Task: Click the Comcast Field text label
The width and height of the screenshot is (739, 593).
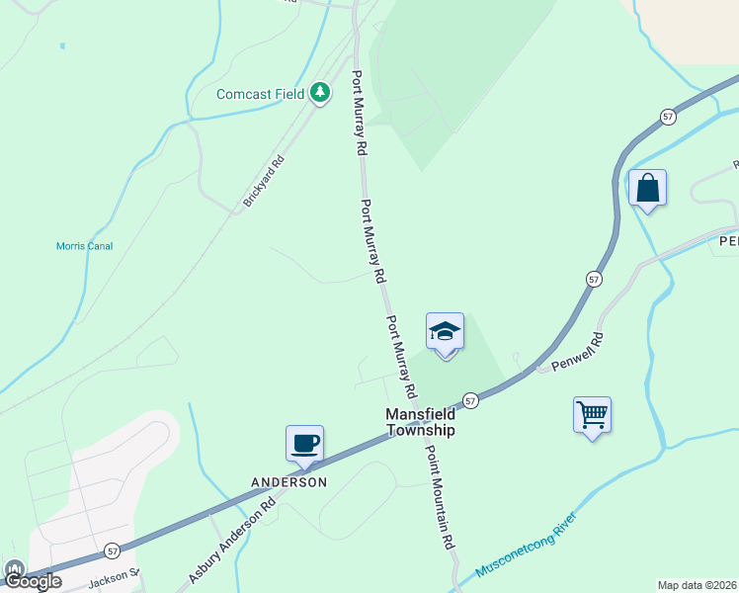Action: pyautogui.click(x=261, y=94)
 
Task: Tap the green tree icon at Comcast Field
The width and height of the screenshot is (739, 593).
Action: pyautogui.click(x=319, y=93)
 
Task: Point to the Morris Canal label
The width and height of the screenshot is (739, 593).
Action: pyautogui.click(x=84, y=246)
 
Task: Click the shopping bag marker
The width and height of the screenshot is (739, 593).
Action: pyautogui.click(x=647, y=188)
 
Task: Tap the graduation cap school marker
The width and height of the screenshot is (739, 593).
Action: pyautogui.click(x=445, y=332)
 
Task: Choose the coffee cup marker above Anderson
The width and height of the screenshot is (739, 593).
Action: pyautogui.click(x=304, y=443)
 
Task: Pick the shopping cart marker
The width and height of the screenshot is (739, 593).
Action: pyautogui.click(x=592, y=415)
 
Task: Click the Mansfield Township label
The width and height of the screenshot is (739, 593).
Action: pyautogui.click(x=421, y=422)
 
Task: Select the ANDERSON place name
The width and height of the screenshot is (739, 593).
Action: pyautogui.click(x=288, y=482)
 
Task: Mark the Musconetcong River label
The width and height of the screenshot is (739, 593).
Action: pyautogui.click(x=526, y=545)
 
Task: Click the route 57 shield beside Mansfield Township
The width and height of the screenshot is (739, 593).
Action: pyautogui.click(x=470, y=400)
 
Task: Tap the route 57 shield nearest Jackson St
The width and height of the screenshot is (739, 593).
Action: pyautogui.click(x=113, y=550)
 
